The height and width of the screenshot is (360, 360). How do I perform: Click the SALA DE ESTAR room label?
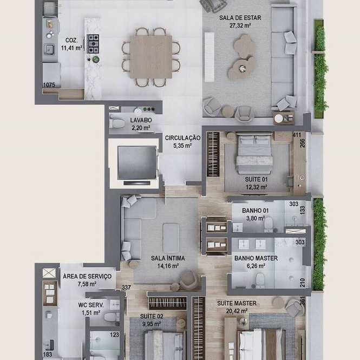[240, 18]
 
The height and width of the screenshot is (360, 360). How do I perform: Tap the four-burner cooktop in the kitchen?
[93, 44]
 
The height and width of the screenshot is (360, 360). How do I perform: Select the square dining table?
[150, 57]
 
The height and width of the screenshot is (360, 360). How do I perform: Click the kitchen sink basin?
[49, 50]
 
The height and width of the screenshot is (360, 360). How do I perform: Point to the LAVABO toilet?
[117, 123]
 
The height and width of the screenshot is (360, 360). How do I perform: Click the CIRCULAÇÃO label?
[183, 138]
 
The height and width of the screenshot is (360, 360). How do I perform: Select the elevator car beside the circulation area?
[137, 162]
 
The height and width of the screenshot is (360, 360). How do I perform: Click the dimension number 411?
[297, 135]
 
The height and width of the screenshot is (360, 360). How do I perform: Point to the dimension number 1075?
[49, 85]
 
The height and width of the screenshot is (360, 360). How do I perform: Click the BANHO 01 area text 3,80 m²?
[256, 218]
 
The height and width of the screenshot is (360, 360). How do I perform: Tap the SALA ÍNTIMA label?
[168, 258]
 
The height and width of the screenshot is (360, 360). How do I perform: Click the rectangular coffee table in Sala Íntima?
[171, 238]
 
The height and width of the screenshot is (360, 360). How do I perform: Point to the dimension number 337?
[126, 287]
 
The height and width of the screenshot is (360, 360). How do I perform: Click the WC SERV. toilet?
[112, 317]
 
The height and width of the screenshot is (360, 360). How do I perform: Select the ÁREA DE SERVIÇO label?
[87, 276]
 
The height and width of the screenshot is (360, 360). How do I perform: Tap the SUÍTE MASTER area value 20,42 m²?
[237, 311]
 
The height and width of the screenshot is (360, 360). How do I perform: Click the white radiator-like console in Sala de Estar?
[210, 57]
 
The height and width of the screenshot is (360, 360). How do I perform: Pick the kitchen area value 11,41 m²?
[71, 48]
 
